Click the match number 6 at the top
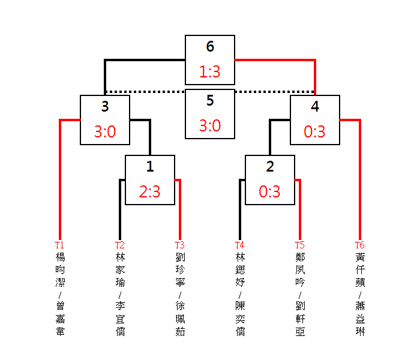pos(210,46)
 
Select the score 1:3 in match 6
pos(210,72)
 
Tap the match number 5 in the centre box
pos(210,100)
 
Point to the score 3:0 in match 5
pos(210,125)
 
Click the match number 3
pos(105,106)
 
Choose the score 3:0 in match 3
pos(105,131)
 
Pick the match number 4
pos(315,106)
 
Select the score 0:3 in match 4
pos(314,131)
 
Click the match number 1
pos(150,166)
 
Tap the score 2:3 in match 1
pos(149,191)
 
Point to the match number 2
pos(270,166)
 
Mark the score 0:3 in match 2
pos(269,191)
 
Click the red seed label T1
pos(59,245)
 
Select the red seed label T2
pos(120,245)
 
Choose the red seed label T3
pos(180,245)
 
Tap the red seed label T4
pos(240,245)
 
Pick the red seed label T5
pos(300,245)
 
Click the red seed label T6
pos(360,245)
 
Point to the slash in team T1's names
pos(60,295)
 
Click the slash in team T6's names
pos(360,295)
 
